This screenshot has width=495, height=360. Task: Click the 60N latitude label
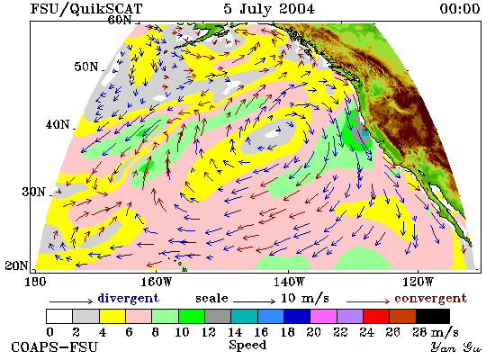click(x=120, y=20)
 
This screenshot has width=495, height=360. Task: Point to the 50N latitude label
click(x=86, y=67)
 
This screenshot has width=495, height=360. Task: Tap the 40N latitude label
click(x=58, y=125)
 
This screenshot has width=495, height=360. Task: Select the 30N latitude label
click(x=34, y=192)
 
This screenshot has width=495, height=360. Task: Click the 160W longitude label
click(x=156, y=282)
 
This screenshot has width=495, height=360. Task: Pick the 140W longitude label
click(x=289, y=282)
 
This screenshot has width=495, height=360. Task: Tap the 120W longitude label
click(x=418, y=282)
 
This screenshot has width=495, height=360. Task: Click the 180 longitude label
click(x=35, y=282)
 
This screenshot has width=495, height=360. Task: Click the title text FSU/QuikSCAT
click(x=86, y=9)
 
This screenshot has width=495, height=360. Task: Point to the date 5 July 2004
click(x=269, y=8)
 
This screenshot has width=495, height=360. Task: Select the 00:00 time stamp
click(x=460, y=8)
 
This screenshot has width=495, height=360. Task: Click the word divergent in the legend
click(x=128, y=298)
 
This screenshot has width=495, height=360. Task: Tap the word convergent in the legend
click(x=430, y=299)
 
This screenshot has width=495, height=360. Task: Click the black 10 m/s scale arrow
click(x=254, y=301)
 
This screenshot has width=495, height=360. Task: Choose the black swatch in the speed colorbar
click(x=433, y=317)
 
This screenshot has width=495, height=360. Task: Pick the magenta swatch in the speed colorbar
click(x=324, y=317)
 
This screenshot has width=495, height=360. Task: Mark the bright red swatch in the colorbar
click(x=376, y=317)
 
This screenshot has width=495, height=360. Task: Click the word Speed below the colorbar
click(x=247, y=346)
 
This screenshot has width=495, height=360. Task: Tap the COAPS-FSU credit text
click(x=54, y=347)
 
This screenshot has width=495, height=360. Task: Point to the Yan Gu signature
click(x=456, y=347)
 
